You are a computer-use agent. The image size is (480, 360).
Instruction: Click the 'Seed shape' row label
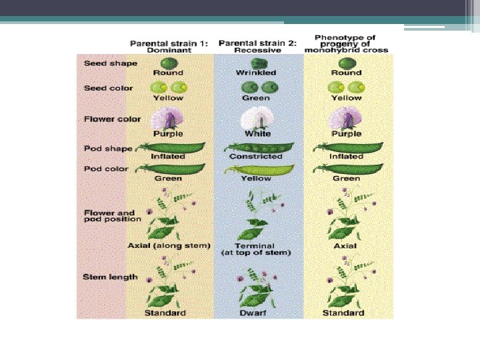pyautogui.click(x=111, y=64)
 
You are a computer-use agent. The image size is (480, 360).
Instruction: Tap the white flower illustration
pyautogui.click(x=257, y=120)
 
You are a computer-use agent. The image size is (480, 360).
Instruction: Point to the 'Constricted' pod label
pyautogui.click(x=257, y=157)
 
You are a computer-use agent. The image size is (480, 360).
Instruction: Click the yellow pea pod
pyautogui.click(x=257, y=169)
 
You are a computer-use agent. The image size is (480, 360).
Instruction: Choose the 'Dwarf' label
pyautogui.click(x=257, y=313)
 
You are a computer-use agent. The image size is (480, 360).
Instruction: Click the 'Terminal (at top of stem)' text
pyautogui.click(x=257, y=249)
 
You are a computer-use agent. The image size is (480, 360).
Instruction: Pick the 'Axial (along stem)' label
pyautogui.click(x=169, y=245)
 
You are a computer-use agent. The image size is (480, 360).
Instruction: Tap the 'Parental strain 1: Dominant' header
pyautogui.click(x=169, y=46)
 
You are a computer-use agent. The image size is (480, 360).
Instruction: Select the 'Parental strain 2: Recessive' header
pyautogui.click(x=258, y=46)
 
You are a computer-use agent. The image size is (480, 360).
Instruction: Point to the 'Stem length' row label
pyautogui.click(x=111, y=277)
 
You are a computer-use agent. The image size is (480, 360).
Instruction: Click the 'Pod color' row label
pyautogui.click(x=107, y=169)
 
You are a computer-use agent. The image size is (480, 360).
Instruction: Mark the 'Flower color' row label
pyautogui.click(x=112, y=119)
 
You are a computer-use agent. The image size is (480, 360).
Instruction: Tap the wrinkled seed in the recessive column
pyautogui.click(x=257, y=63)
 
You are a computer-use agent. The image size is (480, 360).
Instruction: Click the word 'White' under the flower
pyautogui.click(x=257, y=134)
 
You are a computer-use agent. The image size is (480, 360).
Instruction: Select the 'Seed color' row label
pyautogui.click(x=109, y=88)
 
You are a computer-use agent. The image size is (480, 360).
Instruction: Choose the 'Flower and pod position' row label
pyautogui.click(x=112, y=216)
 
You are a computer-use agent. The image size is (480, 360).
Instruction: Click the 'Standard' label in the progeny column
pyautogui.click(x=343, y=313)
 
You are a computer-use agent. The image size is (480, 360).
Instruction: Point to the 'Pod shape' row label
pyautogui.click(x=108, y=149)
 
